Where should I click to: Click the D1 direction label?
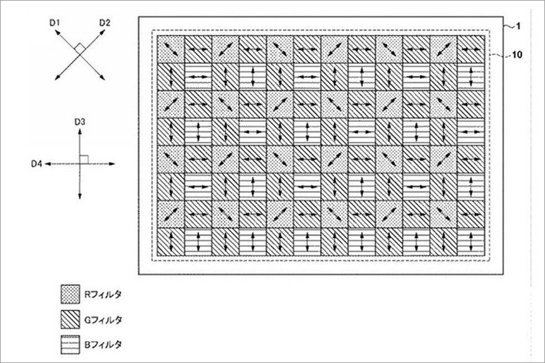[54, 23]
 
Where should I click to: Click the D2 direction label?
[105, 23]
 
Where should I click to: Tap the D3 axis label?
[80, 122]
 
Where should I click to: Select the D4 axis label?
[37, 163]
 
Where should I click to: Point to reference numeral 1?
[518, 27]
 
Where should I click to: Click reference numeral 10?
[517, 54]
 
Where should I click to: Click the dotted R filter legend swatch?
[70, 294]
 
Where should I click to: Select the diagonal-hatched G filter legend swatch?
[70, 319]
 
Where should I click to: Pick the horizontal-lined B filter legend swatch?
[70, 345]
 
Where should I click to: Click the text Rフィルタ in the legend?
[103, 295]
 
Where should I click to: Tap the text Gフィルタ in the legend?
[103, 319]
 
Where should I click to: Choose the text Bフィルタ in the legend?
[103, 345]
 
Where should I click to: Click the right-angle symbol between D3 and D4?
[84, 160]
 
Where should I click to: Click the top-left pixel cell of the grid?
[170, 49]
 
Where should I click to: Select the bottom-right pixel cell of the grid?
[471, 242]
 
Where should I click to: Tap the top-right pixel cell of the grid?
[471, 49]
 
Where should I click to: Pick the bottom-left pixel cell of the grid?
[170, 242]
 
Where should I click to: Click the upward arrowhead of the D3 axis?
[80, 132]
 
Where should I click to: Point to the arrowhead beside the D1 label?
[56, 32]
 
